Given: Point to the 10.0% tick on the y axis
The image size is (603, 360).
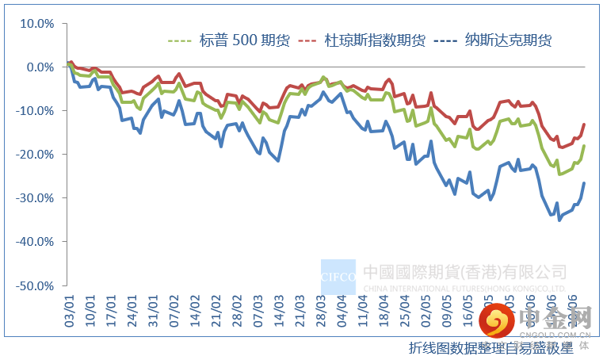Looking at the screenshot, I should coord(36,23).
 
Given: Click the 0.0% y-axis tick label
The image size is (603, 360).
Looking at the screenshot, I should coord(39,67).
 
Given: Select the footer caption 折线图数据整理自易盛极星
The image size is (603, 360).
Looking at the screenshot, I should coord(490,347).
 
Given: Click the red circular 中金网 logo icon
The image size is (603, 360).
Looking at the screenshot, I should coord(498,320).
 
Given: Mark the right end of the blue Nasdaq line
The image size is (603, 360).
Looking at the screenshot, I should coord(585,183).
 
